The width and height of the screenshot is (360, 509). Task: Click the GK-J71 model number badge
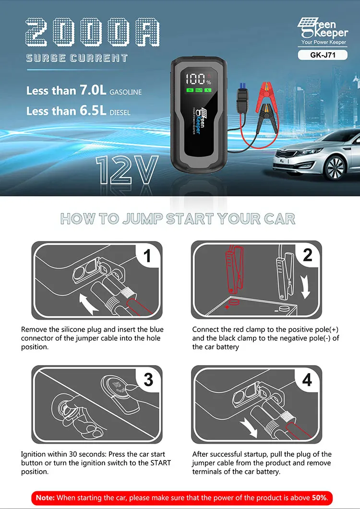tap(322, 55)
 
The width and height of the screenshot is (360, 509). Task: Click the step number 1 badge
tap(148, 255)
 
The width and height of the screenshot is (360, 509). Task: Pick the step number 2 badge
tap(308, 255)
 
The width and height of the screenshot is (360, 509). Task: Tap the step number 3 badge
tap(148, 379)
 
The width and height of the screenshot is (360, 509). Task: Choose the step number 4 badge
tap(308, 379)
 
